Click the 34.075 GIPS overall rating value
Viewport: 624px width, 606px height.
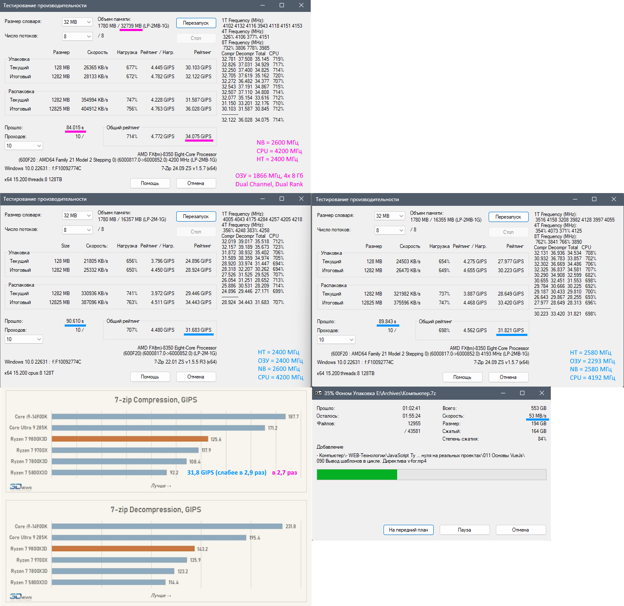[198, 137]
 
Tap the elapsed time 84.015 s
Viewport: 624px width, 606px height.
[75, 128]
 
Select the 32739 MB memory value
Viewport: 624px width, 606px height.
[131, 26]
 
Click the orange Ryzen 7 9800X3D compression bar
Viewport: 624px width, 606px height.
[130, 439]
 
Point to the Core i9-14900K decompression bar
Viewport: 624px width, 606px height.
[167, 526]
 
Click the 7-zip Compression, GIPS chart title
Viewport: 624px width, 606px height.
[156, 400]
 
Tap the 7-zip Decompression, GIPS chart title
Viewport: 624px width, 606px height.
[156, 509]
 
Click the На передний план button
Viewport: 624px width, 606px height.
[408, 530]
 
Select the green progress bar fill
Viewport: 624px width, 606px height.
[357, 475]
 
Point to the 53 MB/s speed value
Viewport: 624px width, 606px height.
[538, 416]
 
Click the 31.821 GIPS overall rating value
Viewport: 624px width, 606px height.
[511, 330]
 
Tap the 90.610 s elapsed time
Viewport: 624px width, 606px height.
[75, 321]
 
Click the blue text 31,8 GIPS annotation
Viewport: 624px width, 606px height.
[226, 472]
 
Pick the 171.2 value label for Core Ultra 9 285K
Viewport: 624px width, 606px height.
[272, 428]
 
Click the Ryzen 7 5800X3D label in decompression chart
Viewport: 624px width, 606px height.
[29, 582]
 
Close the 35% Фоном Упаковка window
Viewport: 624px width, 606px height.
[541, 393]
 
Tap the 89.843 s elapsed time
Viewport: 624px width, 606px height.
[387, 321]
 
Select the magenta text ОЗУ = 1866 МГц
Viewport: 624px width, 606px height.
[269, 176]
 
